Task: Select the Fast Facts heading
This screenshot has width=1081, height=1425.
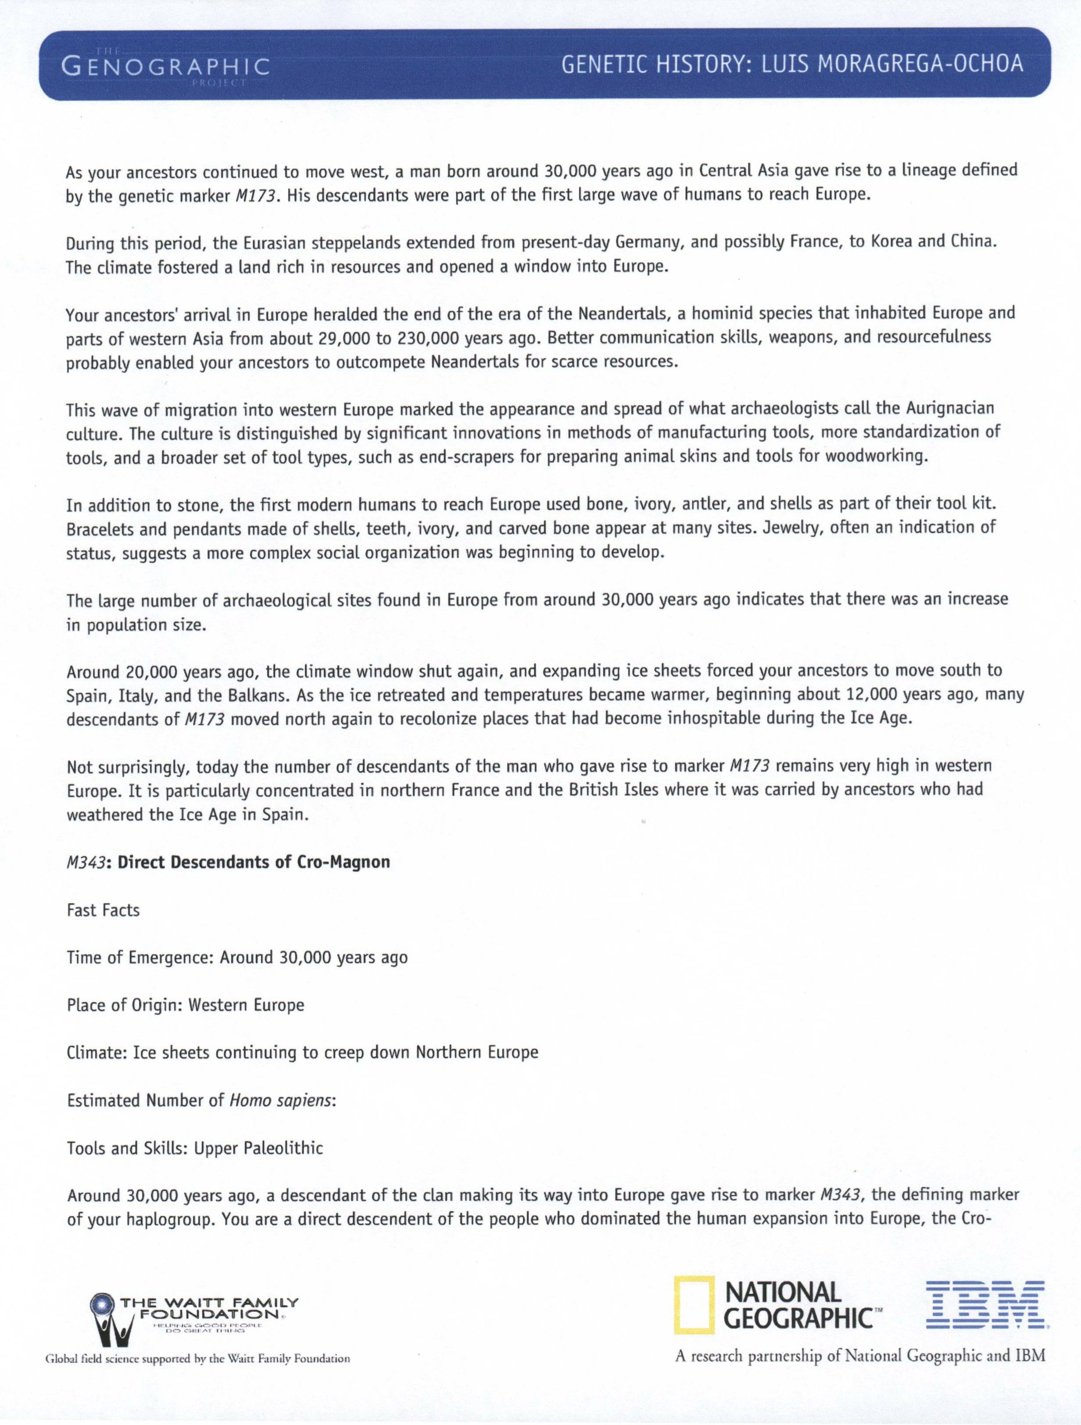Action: pyautogui.click(x=103, y=910)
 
